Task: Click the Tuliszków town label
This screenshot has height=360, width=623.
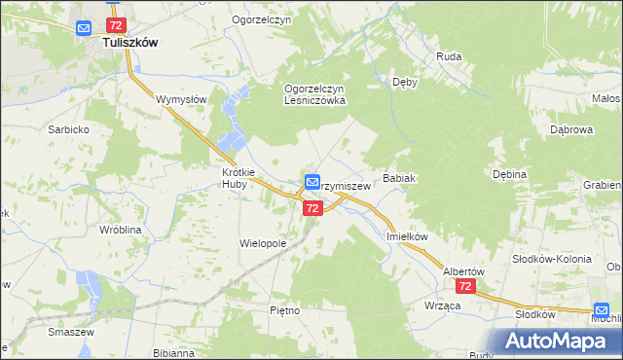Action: click(126, 44)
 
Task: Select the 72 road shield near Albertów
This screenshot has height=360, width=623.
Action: click(465, 287)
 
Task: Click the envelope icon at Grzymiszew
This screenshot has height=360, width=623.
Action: click(312, 181)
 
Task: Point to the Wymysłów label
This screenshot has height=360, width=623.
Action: click(182, 99)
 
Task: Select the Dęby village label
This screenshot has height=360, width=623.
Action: click(404, 83)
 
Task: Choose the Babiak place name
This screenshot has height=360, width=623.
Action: click(400, 179)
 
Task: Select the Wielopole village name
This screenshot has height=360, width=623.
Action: click(263, 243)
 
